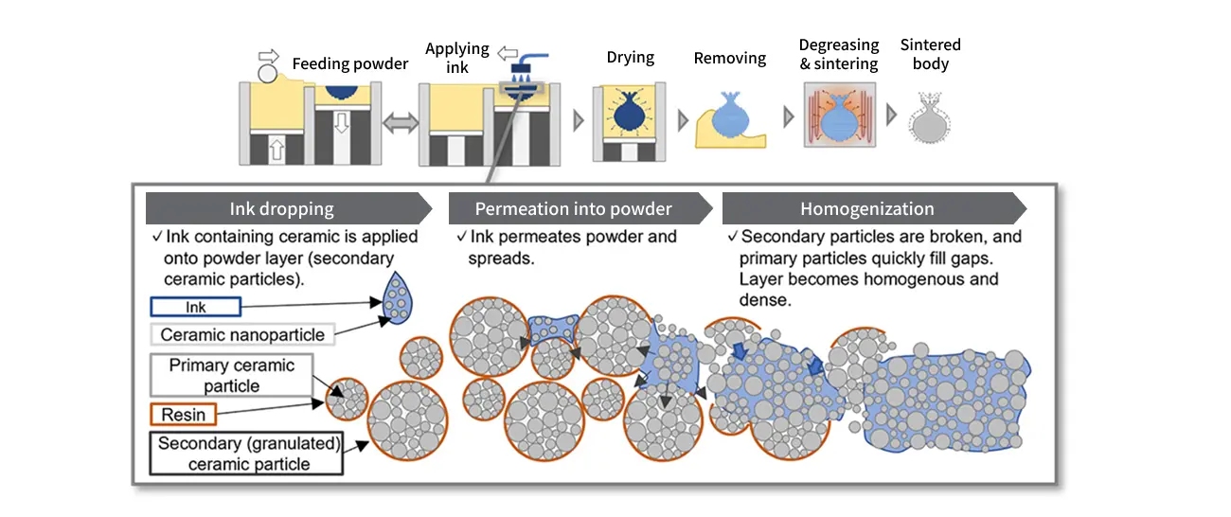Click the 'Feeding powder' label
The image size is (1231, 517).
coord(349,64)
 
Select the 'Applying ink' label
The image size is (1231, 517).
coord(456,58)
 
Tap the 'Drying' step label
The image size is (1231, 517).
coord(630,58)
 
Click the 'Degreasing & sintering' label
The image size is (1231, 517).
coord(839,55)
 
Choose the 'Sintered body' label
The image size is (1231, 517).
coord(930,55)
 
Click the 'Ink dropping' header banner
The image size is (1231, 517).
coord(281,209)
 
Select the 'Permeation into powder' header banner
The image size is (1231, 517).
coord(573,209)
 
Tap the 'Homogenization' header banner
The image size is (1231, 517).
coord(866,209)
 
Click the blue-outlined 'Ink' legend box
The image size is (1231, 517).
coord(196,307)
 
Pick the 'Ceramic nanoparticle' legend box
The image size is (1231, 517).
coord(242,334)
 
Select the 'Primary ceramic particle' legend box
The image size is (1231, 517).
coord(231,376)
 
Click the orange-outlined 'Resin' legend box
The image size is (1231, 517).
coord(183,415)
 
